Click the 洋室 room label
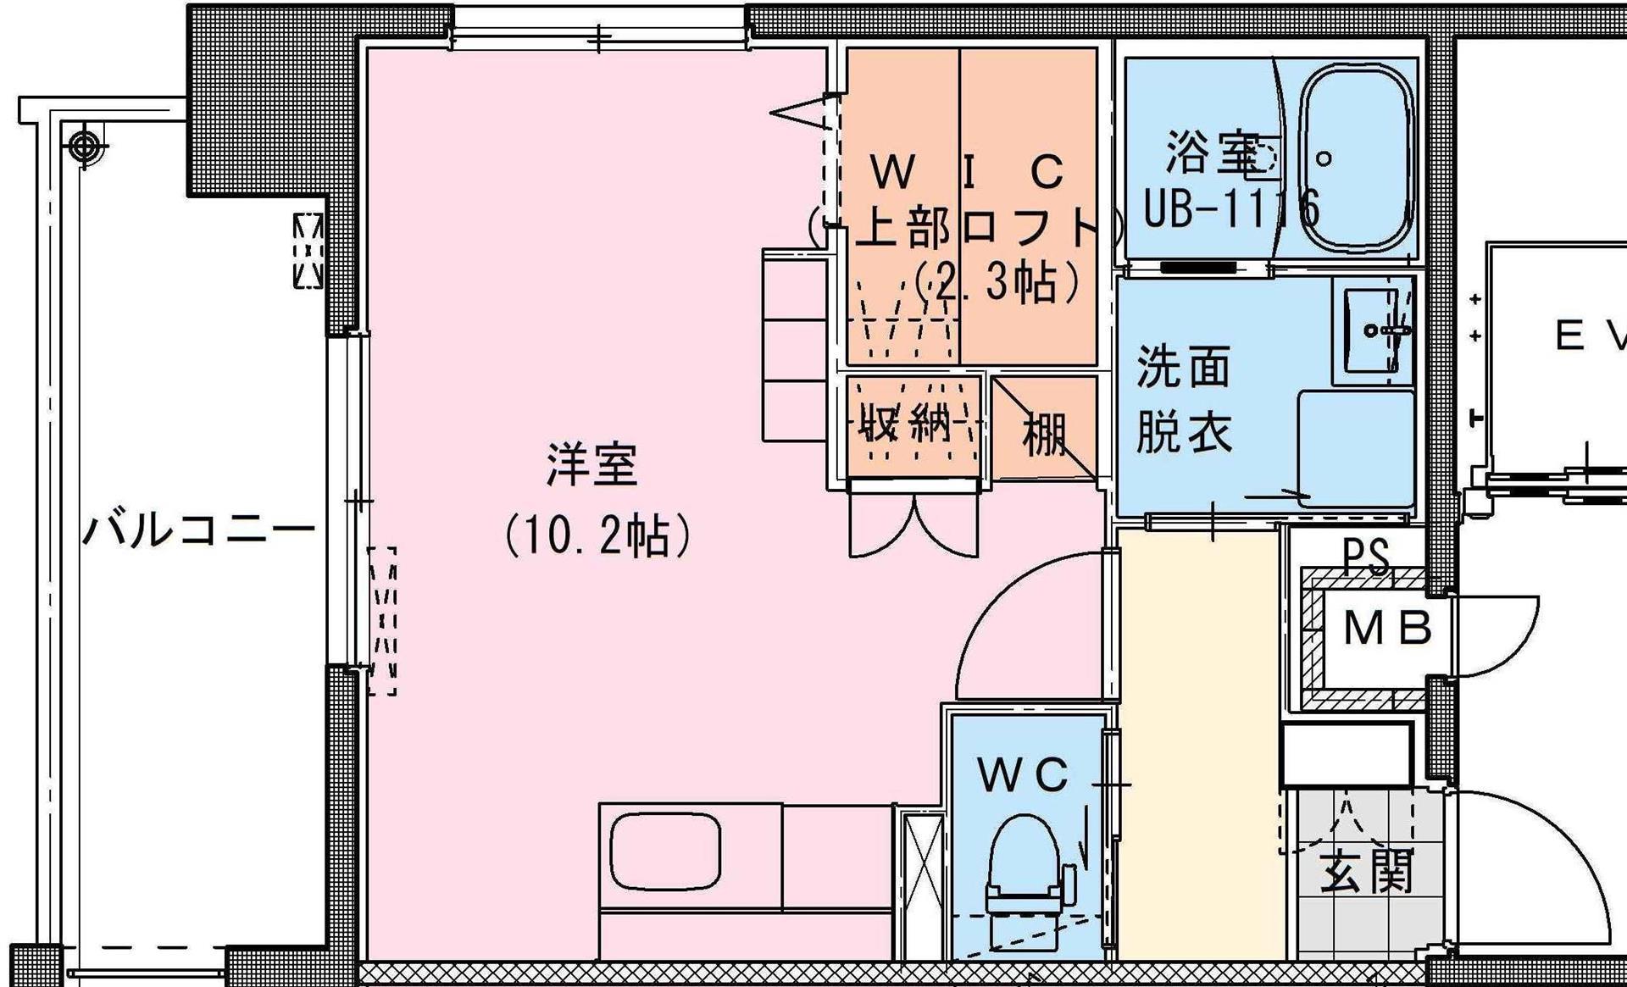tap(591, 465)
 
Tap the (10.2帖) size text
tap(598, 536)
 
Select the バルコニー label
tap(198, 531)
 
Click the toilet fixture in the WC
tap(1024, 873)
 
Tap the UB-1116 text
tap(1231, 208)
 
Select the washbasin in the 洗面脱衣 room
tap(1373, 330)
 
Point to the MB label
tap(1387, 629)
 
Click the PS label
tap(1366, 556)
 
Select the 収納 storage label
tap(905, 421)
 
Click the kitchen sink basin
tap(665, 850)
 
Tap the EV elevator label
tap(1589, 336)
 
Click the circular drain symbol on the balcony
tap(84, 146)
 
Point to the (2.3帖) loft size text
tap(997, 282)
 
